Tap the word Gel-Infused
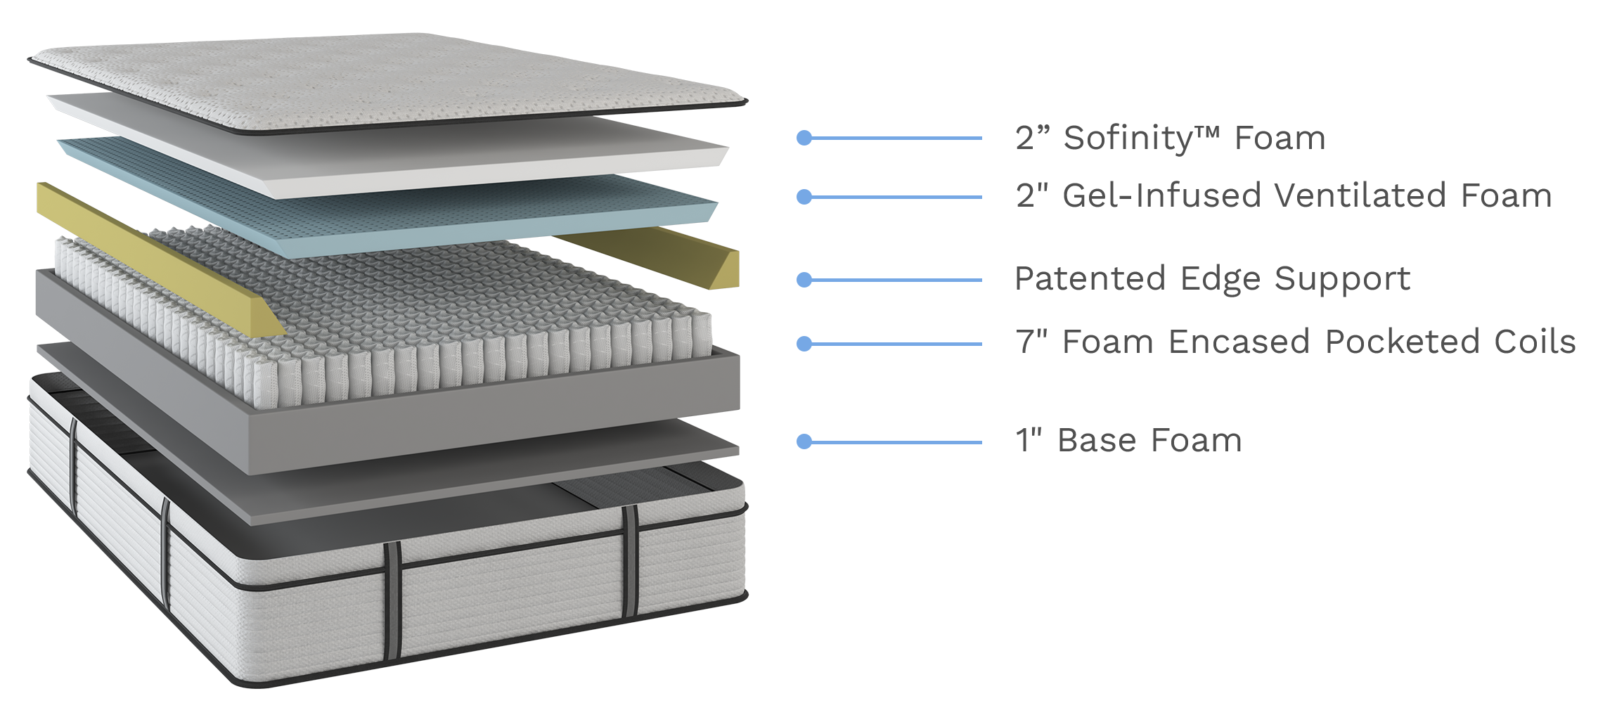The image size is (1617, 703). [1160, 196]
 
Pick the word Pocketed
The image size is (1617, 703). [1402, 342]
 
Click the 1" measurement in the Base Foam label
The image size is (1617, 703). [1028, 441]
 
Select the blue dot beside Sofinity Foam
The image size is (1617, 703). [804, 138]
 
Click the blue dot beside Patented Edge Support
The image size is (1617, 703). [804, 280]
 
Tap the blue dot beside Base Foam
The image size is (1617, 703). [804, 441]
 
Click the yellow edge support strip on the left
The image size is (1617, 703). [141, 253]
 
